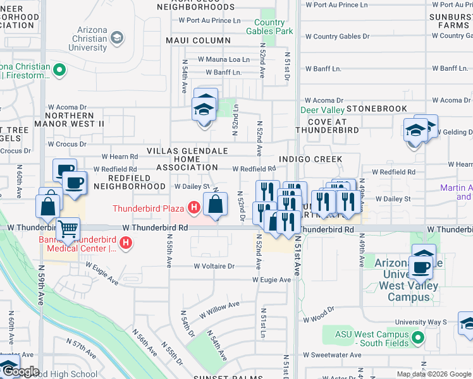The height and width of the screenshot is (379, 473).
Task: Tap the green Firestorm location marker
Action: click(59, 69)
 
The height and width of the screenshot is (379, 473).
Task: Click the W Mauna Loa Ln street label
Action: click(224, 59)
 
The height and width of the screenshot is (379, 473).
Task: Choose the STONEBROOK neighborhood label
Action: click(377, 109)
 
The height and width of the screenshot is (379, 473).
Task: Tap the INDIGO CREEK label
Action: click(310, 159)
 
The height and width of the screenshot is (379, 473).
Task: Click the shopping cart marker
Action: click(68, 229)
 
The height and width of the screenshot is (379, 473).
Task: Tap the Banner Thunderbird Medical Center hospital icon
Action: click(126, 242)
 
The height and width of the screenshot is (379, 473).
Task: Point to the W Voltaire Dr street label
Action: click(214, 267)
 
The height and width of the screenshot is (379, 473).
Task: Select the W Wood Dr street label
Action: click(319, 318)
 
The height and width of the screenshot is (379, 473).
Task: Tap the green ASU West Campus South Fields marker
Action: click(417, 339)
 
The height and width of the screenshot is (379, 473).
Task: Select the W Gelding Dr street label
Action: click(455, 132)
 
